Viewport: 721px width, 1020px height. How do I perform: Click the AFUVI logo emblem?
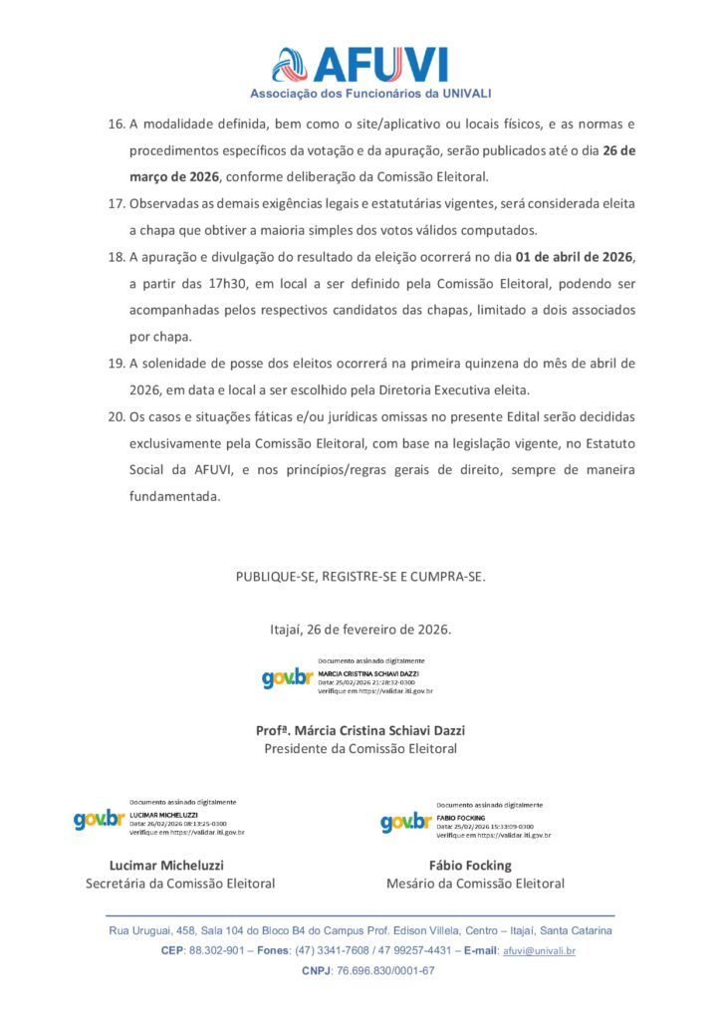(292, 65)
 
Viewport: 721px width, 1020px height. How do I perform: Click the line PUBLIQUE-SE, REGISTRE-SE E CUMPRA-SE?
(360, 577)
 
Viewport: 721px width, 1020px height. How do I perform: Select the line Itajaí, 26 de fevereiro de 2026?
(360, 630)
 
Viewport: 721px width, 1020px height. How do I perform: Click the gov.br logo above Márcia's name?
(287, 678)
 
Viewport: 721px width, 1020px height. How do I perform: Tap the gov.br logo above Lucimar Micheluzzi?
(99, 820)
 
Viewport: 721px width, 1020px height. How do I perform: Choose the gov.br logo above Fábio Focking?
(405, 822)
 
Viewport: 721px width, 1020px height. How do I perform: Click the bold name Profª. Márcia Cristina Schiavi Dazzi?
(360, 730)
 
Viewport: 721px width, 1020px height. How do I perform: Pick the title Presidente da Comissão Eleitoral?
(360, 749)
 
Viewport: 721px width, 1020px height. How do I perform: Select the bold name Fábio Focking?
(469, 865)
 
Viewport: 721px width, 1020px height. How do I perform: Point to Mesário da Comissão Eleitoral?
(475, 884)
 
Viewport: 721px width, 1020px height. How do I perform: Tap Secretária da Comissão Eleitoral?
(180, 884)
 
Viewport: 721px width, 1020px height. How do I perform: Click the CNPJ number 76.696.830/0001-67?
(385, 971)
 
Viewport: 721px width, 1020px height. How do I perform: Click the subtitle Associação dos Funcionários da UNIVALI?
(357, 94)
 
